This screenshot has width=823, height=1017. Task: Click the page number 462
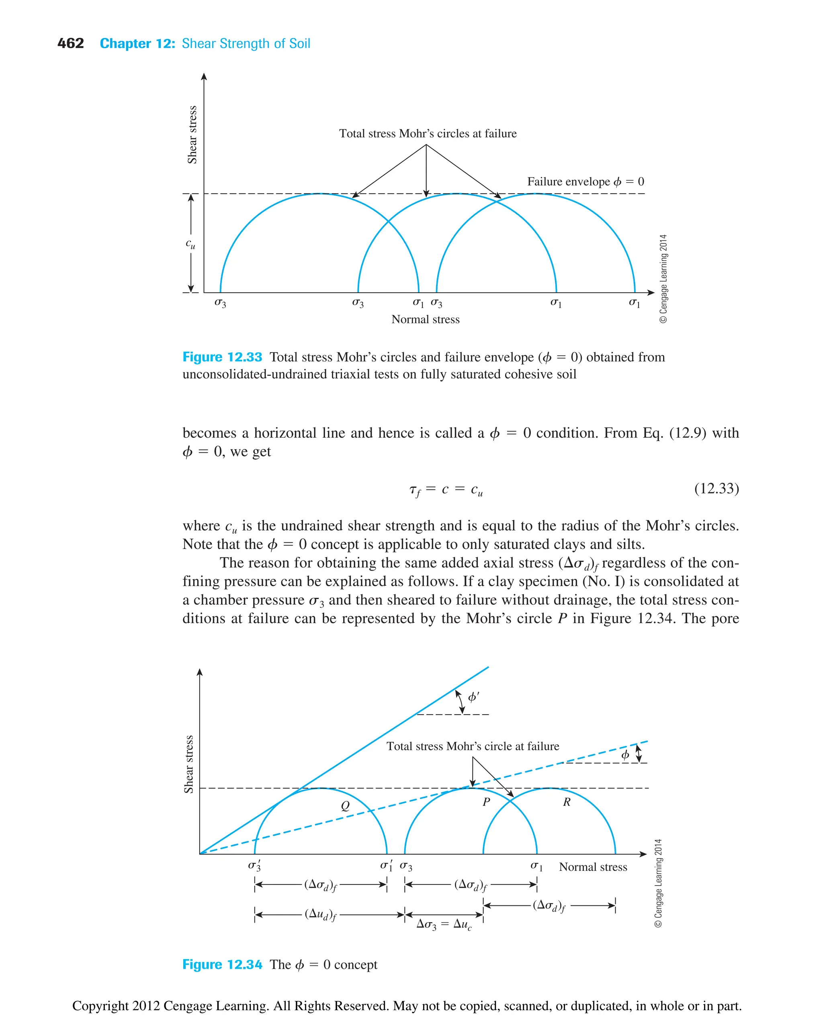(70, 44)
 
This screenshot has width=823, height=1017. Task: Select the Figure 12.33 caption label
(222, 357)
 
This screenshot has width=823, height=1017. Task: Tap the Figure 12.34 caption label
(222, 964)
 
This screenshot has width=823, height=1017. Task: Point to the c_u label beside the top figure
(190, 244)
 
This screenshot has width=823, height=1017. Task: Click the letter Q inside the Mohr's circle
(345, 806)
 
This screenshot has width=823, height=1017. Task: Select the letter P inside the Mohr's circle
(486, 802)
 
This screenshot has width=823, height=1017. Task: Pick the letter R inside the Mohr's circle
(567, 802)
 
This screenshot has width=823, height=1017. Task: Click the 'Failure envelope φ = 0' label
(586, 182)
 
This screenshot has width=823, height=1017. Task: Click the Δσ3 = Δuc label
(444, 924)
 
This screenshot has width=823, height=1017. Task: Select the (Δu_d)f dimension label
(320, 914)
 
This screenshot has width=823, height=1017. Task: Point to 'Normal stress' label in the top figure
(425, 320)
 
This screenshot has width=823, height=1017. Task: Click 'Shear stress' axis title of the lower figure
(189, 764)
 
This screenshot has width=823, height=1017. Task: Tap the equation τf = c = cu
(446, 490)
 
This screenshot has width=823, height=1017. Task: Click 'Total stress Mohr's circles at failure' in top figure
(428, 134)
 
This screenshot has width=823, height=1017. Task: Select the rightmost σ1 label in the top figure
(634, 303)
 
